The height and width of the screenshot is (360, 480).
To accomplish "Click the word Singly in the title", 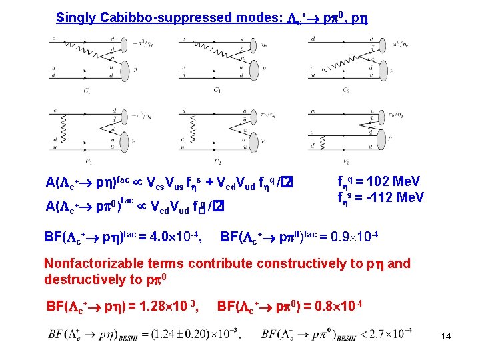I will (x=74, y=18).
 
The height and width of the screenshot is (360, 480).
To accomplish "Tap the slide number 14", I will (x=446, y=336).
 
